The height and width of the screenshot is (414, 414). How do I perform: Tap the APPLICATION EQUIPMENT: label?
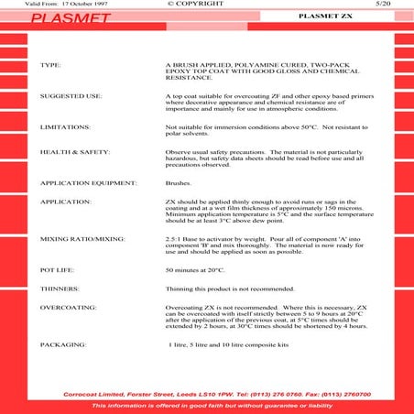tap(89, 183)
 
